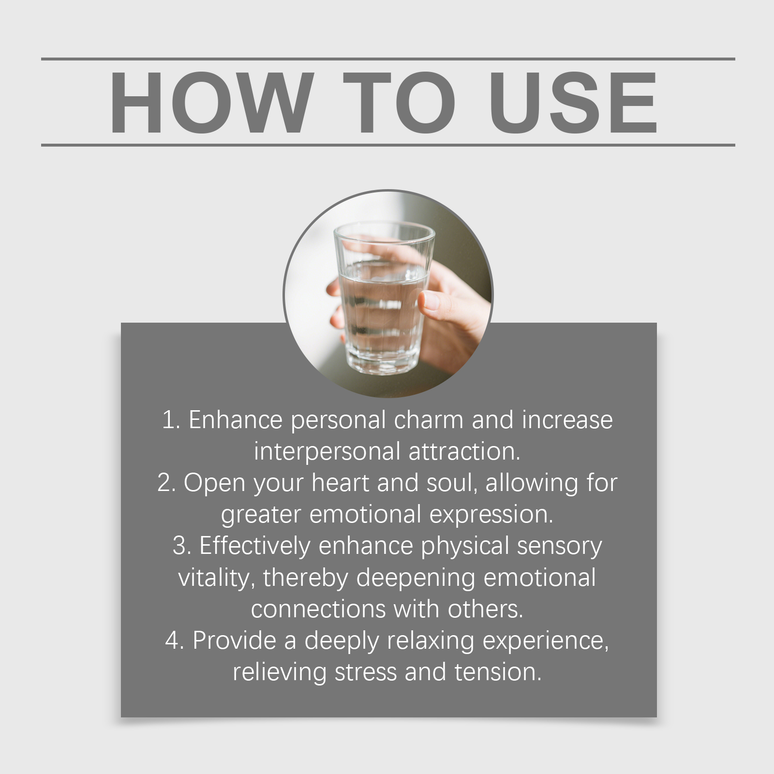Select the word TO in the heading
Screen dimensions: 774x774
click(400, 102)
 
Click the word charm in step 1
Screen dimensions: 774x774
click(429, 419)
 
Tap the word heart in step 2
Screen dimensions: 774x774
click(341, 483)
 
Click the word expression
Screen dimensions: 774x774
click(491, 515)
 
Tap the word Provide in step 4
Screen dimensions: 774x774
click(235, 640)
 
